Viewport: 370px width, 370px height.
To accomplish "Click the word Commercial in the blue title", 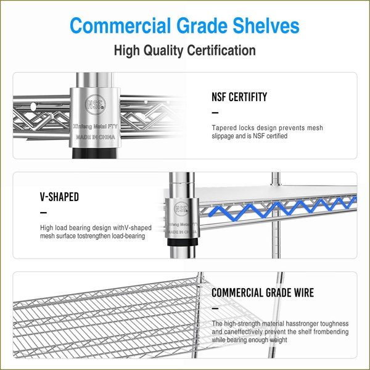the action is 120,25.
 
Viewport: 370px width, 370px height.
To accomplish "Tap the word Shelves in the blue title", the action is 266,25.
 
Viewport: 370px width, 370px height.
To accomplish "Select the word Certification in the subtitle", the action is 221,51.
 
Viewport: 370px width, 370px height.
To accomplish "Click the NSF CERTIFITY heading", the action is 239,97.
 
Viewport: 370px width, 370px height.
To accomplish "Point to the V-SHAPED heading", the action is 59,197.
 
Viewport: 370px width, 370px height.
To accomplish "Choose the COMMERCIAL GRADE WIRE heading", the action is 263,292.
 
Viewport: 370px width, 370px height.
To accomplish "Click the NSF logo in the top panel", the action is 95,105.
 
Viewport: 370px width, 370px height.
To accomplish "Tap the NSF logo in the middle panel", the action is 181,208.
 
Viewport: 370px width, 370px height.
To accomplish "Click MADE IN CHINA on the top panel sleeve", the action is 96,137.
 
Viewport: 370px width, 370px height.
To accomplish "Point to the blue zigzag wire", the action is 282,207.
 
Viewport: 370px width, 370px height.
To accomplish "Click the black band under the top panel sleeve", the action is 94,153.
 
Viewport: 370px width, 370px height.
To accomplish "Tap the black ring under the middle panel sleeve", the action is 183,242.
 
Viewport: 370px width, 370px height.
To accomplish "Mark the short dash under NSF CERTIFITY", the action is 215,113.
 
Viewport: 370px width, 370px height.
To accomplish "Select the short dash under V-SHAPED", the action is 43,213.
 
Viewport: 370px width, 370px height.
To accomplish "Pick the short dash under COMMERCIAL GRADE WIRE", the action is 215,308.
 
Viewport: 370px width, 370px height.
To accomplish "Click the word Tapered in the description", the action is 224,128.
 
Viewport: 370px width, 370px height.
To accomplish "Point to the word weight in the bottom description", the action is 279,340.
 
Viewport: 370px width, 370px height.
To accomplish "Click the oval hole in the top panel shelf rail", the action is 33,107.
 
